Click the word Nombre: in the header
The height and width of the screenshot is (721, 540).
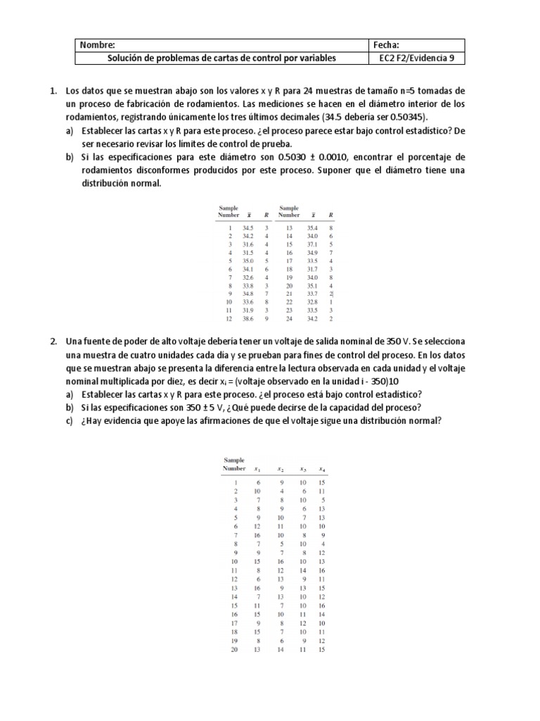click(x=96, y=44)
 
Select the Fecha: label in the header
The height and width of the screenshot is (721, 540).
click(x=390, y=44)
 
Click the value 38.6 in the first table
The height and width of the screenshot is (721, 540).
click(x=248, y=319)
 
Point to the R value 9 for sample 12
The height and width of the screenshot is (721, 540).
click(x=266, y=319)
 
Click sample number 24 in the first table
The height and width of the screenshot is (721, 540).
click(x=288, y=319)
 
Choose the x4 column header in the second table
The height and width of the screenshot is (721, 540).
click(x=322, y=468)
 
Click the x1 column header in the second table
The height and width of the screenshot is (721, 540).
click(x=258, y=468)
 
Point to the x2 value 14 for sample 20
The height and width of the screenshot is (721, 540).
click(x=281, y=649)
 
